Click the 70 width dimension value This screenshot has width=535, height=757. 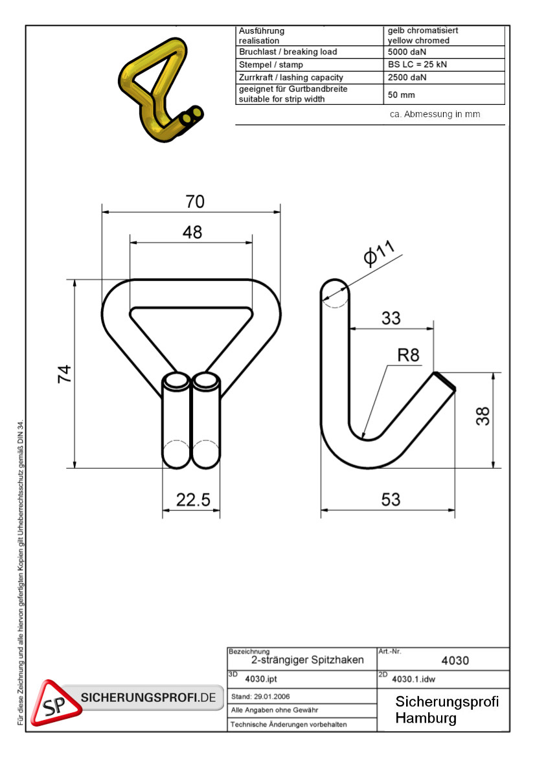[195, 201]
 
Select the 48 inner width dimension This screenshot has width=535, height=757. [192, 232]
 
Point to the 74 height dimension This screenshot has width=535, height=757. [64, 374]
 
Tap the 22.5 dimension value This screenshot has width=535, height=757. [193, 500]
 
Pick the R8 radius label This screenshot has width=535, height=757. [409, 356]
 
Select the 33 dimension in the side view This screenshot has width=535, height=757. [391, 318]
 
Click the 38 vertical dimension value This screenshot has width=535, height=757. [483, 416]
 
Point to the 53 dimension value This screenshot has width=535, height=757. [391, 499]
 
